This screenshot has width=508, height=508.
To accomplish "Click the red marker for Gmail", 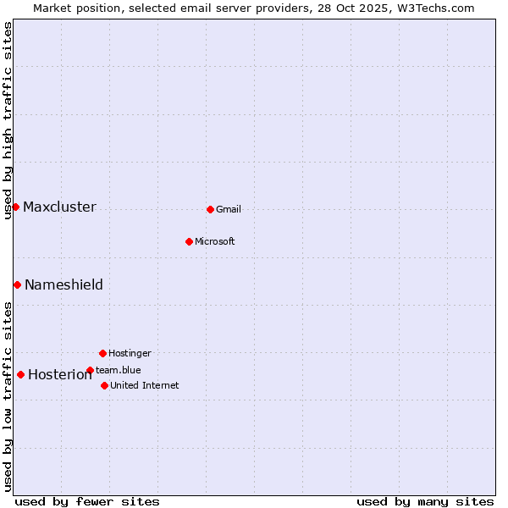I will pyautogui.click(x=210, y=209).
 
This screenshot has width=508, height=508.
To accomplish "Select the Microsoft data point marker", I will pyautogui.click(x=189, y=241).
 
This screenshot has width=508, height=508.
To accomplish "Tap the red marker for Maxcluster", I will pyautogui.click(x=15, y=207).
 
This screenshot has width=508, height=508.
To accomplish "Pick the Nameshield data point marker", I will pyautogui.click(x=17, y=284).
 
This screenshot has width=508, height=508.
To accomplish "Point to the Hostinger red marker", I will pyautogui.click(x=102, y=353).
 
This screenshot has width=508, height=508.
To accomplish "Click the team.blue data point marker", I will pyautogui.click(x=90, y=370).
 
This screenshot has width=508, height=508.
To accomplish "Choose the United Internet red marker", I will pyautogui.click(x=104, y=385).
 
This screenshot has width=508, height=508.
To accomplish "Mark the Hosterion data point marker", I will pyautogui.click(x=20, y=374).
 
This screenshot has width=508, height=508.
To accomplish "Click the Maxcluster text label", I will pyautogui.click(x=59, y=207).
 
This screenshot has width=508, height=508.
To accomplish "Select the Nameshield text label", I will pyautogui.click(x=63, y=285).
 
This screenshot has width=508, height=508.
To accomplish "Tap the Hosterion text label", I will pyautogui.click(x=59, y=375).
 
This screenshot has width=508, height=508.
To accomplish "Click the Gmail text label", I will pyautogui.click(x=229, y=210).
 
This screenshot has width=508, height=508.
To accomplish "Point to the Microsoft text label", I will pyautogui.click(x=214, y=242).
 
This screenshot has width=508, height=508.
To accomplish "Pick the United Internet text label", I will pyautogui.click(x=144, y=386).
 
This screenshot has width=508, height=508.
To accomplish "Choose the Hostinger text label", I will pyautogui.click(x=130, y=354).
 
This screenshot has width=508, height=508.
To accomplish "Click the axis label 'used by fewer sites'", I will pyautogui.click(x=87, y=501).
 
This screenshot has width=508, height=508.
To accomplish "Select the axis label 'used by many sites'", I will pyautogui.click(x=425, y=501).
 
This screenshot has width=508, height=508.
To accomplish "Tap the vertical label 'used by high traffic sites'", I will pyautogui.click(x=8, y=120).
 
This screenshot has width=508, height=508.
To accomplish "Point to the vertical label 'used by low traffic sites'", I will pyautogui.click(x=8, y=395).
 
